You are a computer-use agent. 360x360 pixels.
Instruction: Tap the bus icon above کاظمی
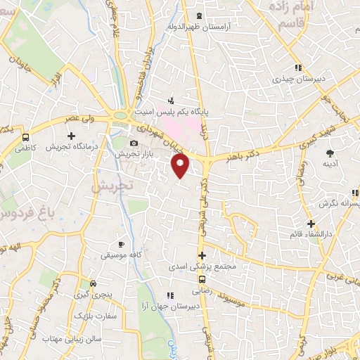click(x=26, y=137)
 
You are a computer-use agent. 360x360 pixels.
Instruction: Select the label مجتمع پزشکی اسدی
click(x=192, y=267)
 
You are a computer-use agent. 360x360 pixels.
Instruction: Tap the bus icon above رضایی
click(x=197, y=278)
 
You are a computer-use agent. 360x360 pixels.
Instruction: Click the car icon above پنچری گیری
click(x=94, y=283)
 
